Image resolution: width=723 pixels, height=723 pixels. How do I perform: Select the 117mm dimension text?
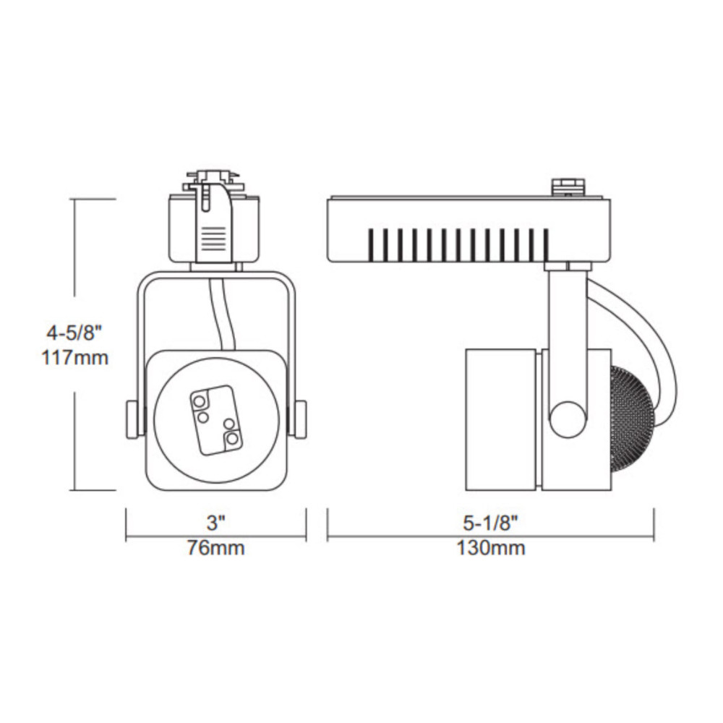point(76,356)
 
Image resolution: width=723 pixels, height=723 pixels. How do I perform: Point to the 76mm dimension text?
point(216,548)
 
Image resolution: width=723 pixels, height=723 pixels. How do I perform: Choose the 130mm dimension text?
point(491,548)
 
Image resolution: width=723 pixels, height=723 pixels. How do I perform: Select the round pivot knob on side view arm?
point(568,418)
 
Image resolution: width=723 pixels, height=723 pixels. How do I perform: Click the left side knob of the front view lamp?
point(130,419)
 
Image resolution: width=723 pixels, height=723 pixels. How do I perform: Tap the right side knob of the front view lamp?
point(299,419)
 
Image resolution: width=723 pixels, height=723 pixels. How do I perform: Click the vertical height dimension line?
point(76,434)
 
